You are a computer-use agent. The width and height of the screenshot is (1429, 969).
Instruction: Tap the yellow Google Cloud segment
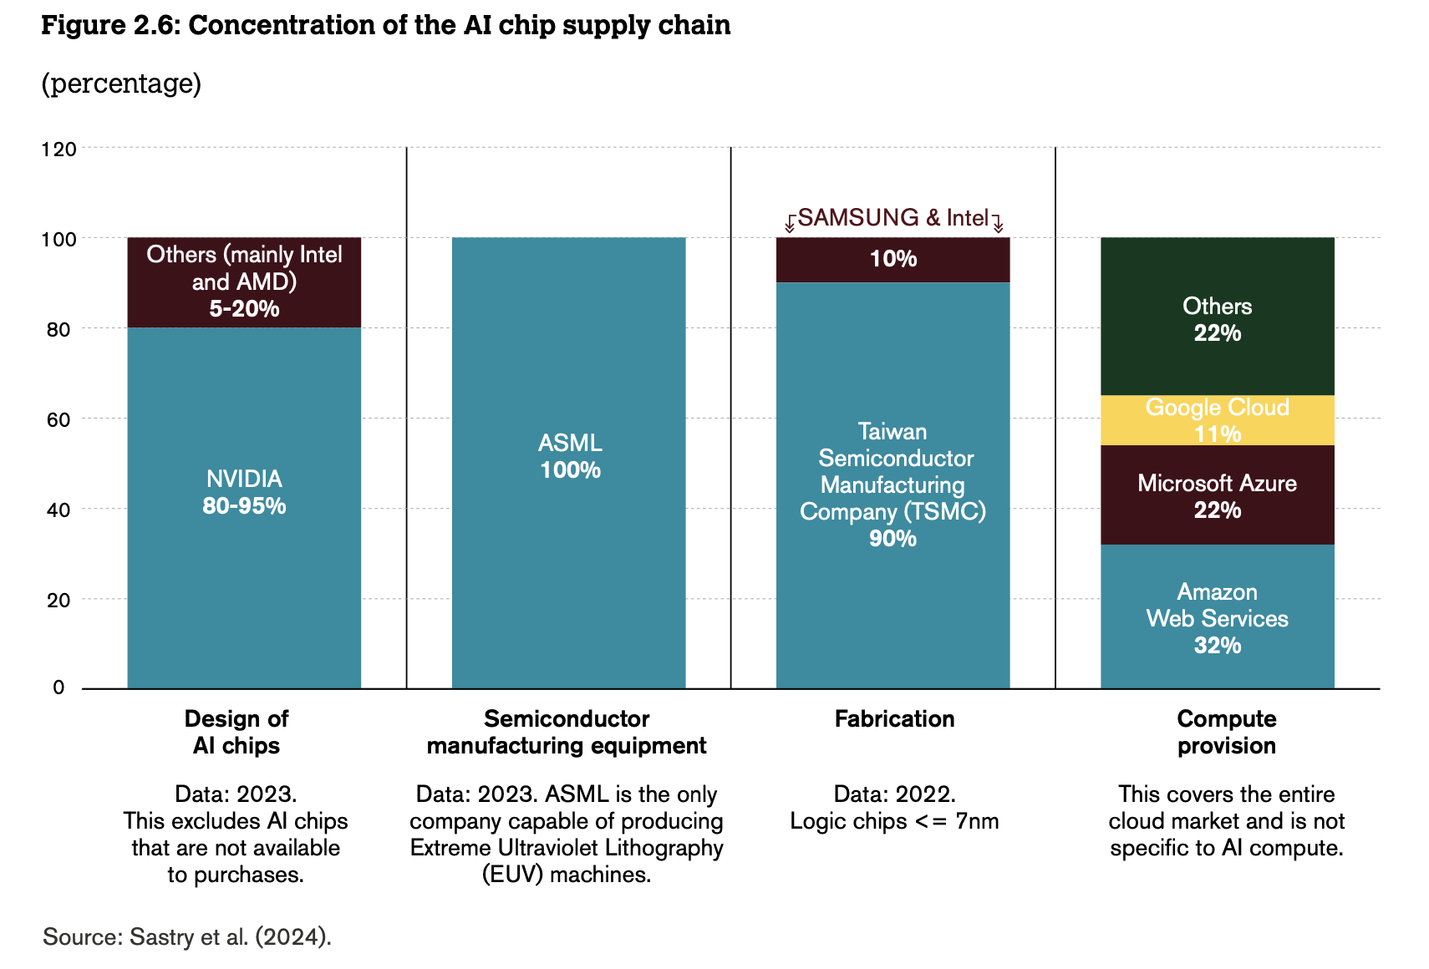tap(1217, 420)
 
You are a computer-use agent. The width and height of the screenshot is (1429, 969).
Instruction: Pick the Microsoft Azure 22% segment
tap(1217, 495)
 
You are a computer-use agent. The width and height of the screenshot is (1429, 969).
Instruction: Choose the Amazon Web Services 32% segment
tap(1217, 617)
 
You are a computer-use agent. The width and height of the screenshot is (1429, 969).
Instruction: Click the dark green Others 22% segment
tap(1217, 317)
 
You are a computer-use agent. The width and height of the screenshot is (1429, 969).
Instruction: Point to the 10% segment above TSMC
tap(892, 260)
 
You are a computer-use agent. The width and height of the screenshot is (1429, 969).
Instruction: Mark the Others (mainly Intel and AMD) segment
tap(244, 282)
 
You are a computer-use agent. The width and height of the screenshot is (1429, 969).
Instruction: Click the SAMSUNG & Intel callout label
tap(892, 218)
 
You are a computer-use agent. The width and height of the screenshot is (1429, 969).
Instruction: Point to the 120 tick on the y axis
tap(58, 150)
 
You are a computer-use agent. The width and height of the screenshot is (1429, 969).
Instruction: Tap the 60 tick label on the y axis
tap(58, 419)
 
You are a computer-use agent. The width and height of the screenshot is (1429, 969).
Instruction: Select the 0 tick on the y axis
tap(58, 687)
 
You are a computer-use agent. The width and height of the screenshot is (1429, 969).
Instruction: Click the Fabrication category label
tap(894, 719)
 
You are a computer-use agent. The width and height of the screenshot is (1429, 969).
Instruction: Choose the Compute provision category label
tap(1226, 733)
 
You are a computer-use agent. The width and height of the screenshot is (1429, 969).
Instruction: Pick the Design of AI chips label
tap(236, 733)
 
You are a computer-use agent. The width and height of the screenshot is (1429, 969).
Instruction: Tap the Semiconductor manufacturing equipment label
tap(567, 733)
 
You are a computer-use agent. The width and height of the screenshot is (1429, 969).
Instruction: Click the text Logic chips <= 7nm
tap(894, 822)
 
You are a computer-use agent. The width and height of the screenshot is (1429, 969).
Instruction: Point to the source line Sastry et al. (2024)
tap(187, 937)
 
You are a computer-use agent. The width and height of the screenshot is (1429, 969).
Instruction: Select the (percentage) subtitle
tap(121, 84)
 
